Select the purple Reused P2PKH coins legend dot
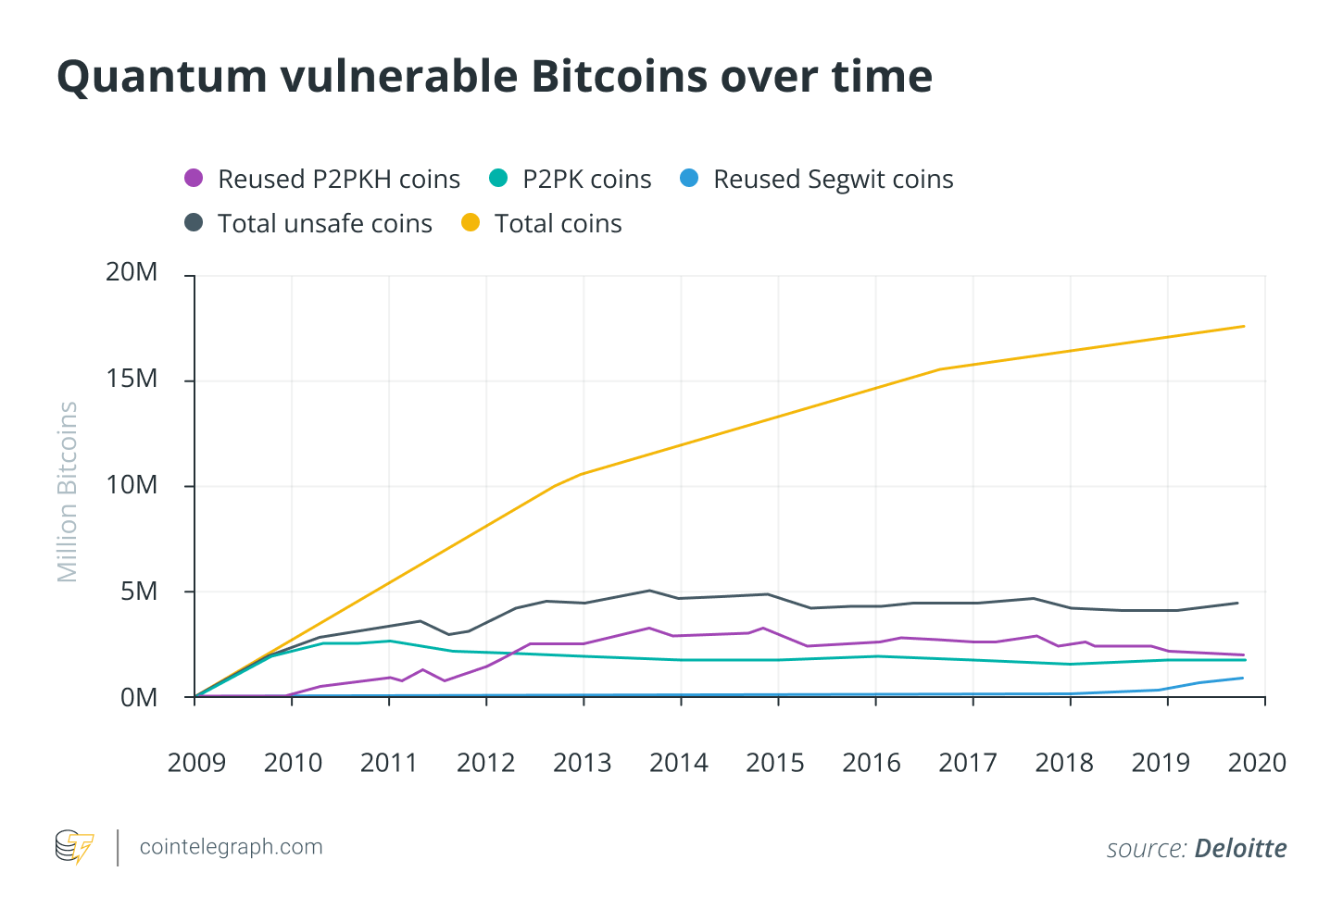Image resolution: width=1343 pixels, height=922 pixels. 194,178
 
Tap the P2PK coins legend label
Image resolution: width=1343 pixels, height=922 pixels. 586,180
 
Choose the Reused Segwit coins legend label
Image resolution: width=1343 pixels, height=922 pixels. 833,180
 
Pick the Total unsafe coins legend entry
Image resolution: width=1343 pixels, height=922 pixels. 324,224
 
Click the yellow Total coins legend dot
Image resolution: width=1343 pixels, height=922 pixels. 471,223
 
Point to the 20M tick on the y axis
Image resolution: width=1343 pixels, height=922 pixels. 132,272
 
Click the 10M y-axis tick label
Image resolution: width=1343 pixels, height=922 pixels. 132,485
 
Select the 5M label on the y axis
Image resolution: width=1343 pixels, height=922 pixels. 139,592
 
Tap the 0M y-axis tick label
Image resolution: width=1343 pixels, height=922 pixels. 139,698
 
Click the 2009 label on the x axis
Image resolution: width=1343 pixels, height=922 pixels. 196,763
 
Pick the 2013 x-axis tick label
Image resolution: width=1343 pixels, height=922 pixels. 583,763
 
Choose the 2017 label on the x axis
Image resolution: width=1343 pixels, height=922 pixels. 968,763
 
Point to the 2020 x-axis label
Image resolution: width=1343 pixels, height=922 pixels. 1257,763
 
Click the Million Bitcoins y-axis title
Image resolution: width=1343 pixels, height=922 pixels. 68,492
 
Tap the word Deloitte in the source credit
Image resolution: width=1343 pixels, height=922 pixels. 1240,849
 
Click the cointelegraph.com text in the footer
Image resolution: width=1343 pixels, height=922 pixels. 231,847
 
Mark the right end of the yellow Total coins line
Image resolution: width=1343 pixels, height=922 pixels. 1243,326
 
